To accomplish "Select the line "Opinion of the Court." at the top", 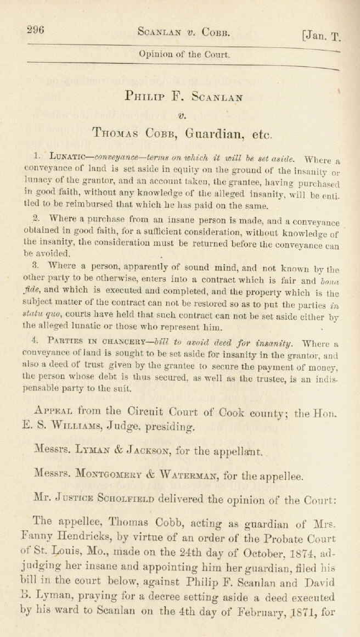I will coord(184,54).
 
